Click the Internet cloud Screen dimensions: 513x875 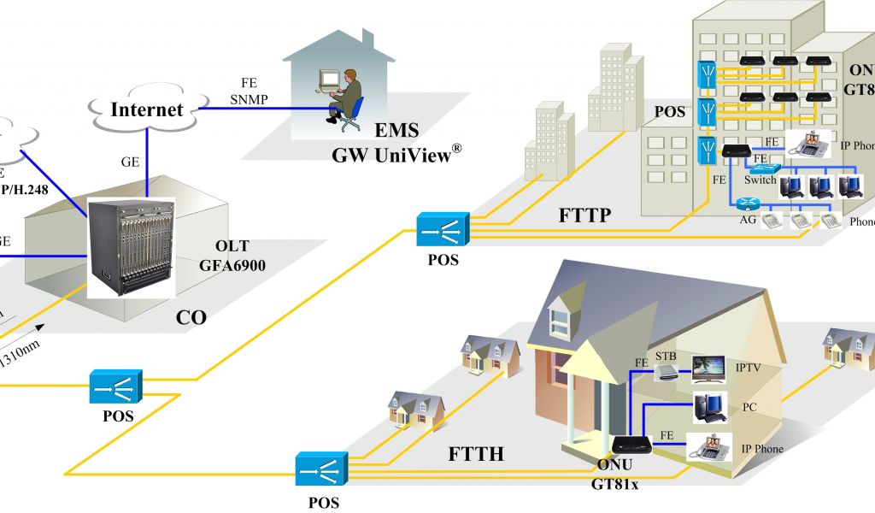147,109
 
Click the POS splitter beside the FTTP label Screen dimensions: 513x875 442,230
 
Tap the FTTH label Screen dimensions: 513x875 476,454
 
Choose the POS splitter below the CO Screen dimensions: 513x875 116,386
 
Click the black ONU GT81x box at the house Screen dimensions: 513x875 631,445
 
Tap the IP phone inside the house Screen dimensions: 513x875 712,446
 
